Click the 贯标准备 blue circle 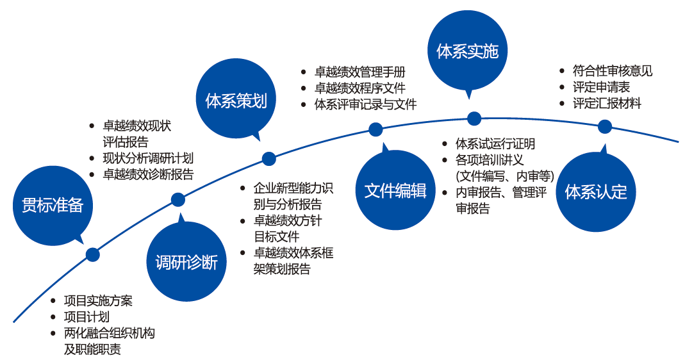(x=53, y=206)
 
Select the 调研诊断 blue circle (x=186, y=261)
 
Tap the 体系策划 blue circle (x=236, y=99)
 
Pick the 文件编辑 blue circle (x=395, y=190)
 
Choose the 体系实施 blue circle (x=467, y=51)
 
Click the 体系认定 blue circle (x=596, y=192)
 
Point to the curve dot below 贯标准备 (x=93, y=255)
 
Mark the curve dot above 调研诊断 (x=177, y=200)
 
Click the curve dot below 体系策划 (x=269, y=159)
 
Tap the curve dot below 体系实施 (x=474, y=119)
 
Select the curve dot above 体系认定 (x=605, y=127)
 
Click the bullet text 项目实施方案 (x=98, y=300)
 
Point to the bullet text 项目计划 (x=87, y=316)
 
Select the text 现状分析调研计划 (x=148, y=158)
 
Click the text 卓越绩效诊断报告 (x=148, y=174)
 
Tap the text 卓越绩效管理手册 (x=360, y=72)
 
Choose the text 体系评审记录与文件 (x=366, y=104)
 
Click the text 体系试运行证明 (x=495, y=143)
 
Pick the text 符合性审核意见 (x=613, y=70)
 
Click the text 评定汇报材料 (x=607, y=103)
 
